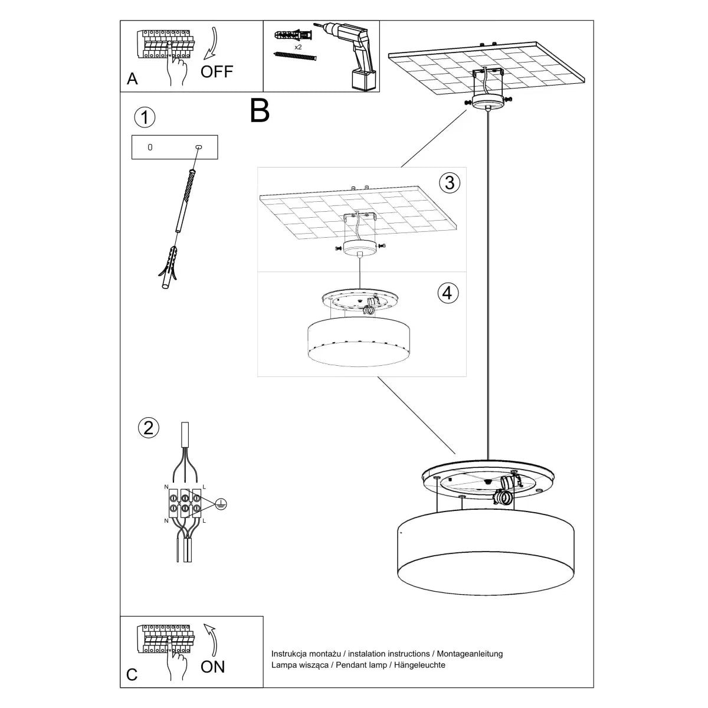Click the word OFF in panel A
pos(217,72)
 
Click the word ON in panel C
pos(212,667)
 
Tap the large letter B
pos(260,110)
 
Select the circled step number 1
pos(145,117)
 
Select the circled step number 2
pos(148,427)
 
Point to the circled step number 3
pos(450,182)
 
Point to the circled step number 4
pos(448,292)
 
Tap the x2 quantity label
pos(299,46)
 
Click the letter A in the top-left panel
pos(132,79)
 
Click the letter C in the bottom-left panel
pos(132,675)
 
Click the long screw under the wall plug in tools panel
pos(296,55)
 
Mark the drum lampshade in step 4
pos(360,342)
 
